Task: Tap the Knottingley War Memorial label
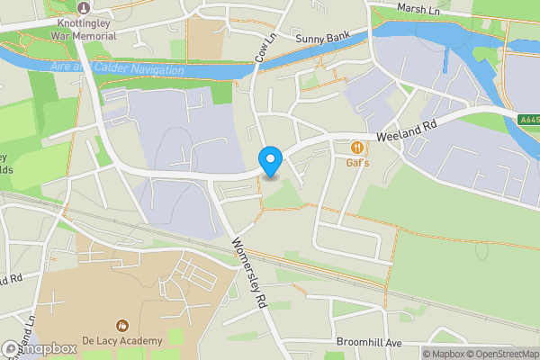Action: (x=83, y=30)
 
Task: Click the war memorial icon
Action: (x=83, y=7)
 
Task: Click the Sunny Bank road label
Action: (x=320, y=39)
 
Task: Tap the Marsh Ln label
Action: (x=419, y=8)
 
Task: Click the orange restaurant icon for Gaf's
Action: (x=358, y=147)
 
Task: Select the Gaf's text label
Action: (x=358, y=163)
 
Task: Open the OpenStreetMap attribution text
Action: (x=500, y=354)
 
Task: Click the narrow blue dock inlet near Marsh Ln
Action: (x=446, y=58)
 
